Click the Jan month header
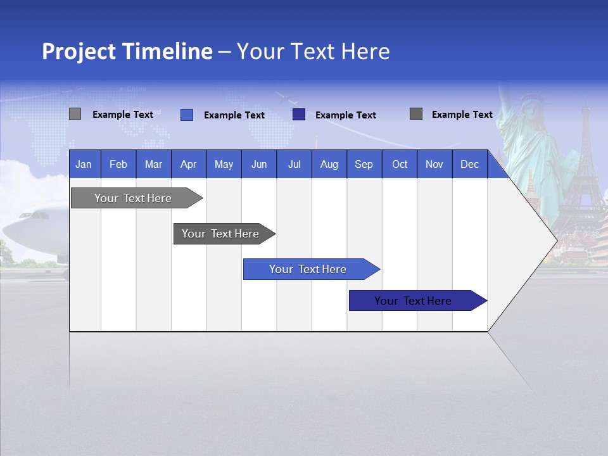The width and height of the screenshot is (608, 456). pyautogui.click(x=84, y=165)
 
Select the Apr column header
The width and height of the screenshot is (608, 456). pyautogui.click(x=188, y=165)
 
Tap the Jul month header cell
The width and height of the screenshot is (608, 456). pyautogui.click(x=294, y=165)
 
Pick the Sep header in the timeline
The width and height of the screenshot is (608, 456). pyautogui.click(x=364, y=165)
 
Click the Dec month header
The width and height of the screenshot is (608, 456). pyautogui.click(x=469, y=165)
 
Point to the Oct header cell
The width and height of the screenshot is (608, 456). pyautogui.click(x=400, y=165)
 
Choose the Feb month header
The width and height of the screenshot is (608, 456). pyautogui.click(x=118, y=165)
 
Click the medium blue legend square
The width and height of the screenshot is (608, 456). pyautogui.click(x=187, y=115)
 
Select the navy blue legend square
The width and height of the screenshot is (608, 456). pyautogui.click(x=299, y=115)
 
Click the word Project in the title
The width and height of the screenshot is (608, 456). pyautogui.click(x=80, y=51)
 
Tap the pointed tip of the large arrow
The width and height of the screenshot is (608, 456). pyautogui.click(x=555, y=241)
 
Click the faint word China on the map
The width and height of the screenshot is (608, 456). pyautogui.click(x=136, y=89)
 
